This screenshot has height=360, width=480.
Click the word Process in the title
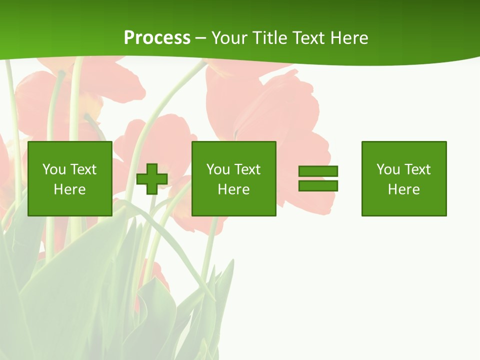(x=157, y=38)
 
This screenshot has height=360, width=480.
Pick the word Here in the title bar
(x=349, y=38)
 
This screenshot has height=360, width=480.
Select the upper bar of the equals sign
(x=318, y=171)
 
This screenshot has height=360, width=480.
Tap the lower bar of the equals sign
(x=318, y=186)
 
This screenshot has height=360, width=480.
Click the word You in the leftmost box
(x=54, y=169)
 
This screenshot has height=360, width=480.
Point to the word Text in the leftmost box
(x=82, y=169)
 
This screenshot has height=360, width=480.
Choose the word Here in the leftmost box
(x=69, y=189)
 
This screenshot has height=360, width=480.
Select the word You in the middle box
(x=218, y=169)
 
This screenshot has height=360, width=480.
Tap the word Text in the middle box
(x=246, y=169)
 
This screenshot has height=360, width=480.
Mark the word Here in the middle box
(x=233, y=189)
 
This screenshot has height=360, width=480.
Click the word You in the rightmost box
(x=388, y=169)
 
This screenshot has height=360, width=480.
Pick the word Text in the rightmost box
(x=416, y=169)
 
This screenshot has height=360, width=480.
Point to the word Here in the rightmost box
(x=403, y=189)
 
